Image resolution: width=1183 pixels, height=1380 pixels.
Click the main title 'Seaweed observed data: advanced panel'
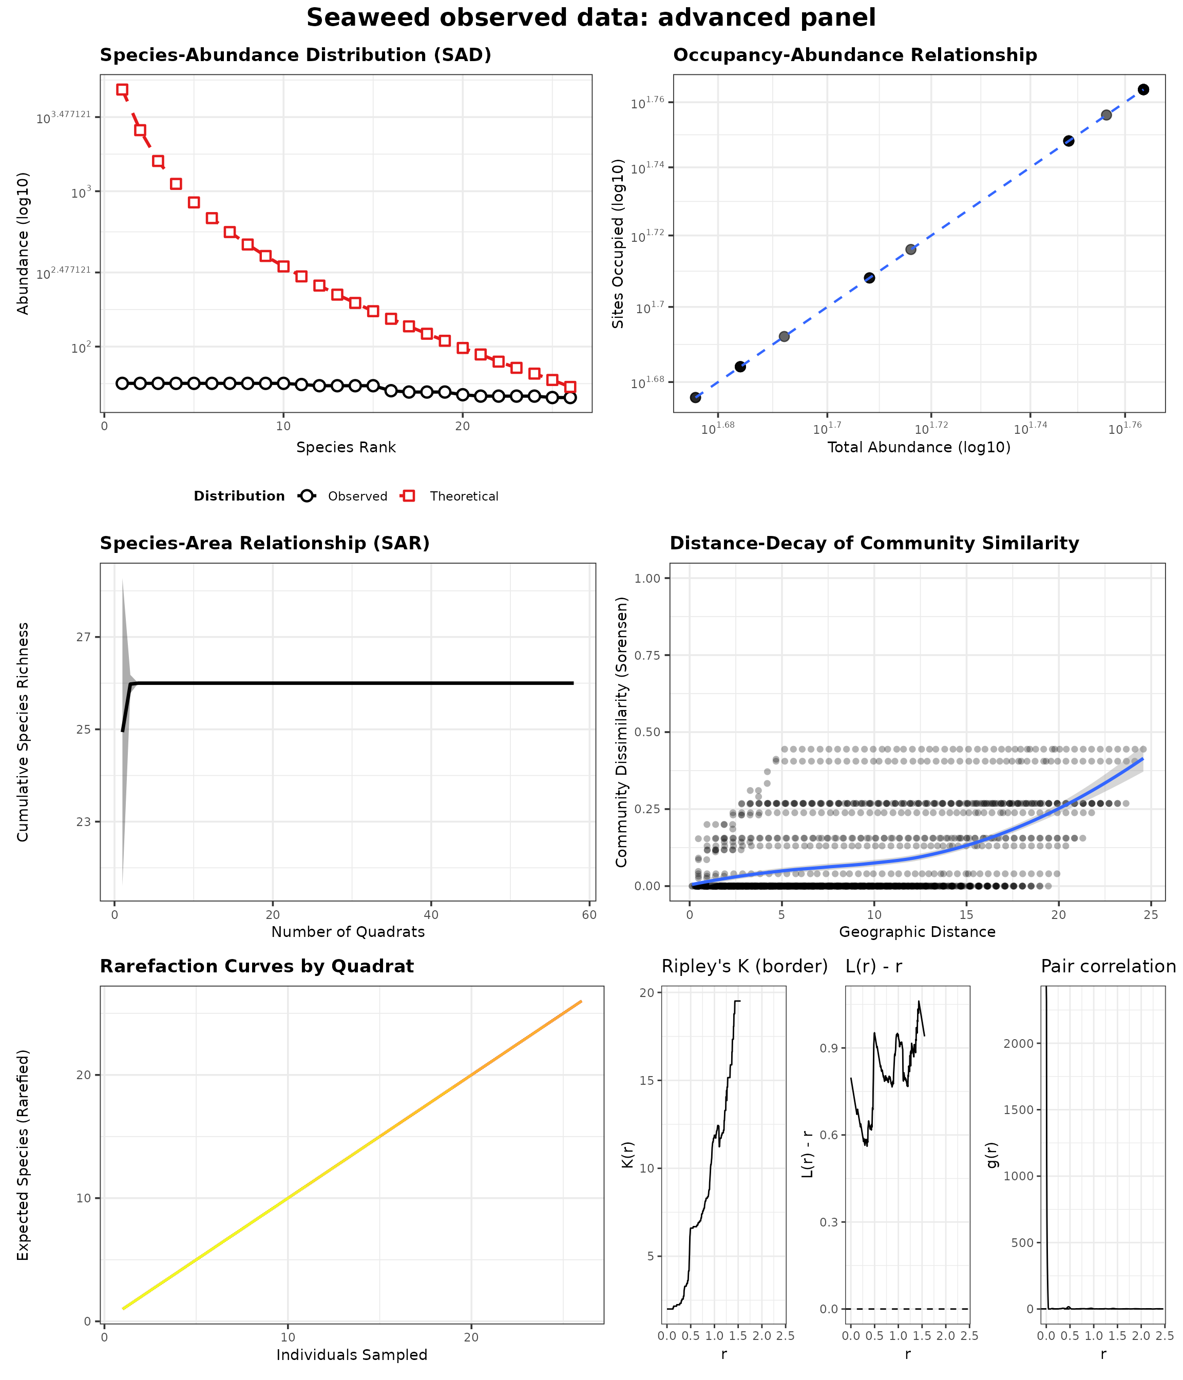591,18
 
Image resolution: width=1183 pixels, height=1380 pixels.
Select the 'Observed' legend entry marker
307,495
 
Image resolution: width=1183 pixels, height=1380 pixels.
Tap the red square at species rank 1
122,89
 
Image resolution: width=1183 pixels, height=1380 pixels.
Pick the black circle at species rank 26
570,397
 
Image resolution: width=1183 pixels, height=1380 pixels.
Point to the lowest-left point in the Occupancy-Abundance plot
695,397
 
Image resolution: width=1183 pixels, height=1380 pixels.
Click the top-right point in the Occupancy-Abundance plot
1143,89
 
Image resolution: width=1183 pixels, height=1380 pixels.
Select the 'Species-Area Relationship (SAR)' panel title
264,544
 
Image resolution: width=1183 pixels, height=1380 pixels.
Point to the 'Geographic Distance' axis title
917,932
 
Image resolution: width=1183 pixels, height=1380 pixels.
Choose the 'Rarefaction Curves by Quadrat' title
256,966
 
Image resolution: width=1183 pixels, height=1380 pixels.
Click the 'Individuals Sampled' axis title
352,1355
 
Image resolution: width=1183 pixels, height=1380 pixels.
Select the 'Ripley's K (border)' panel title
745,966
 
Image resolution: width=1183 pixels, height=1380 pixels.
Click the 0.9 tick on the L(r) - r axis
829,1048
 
